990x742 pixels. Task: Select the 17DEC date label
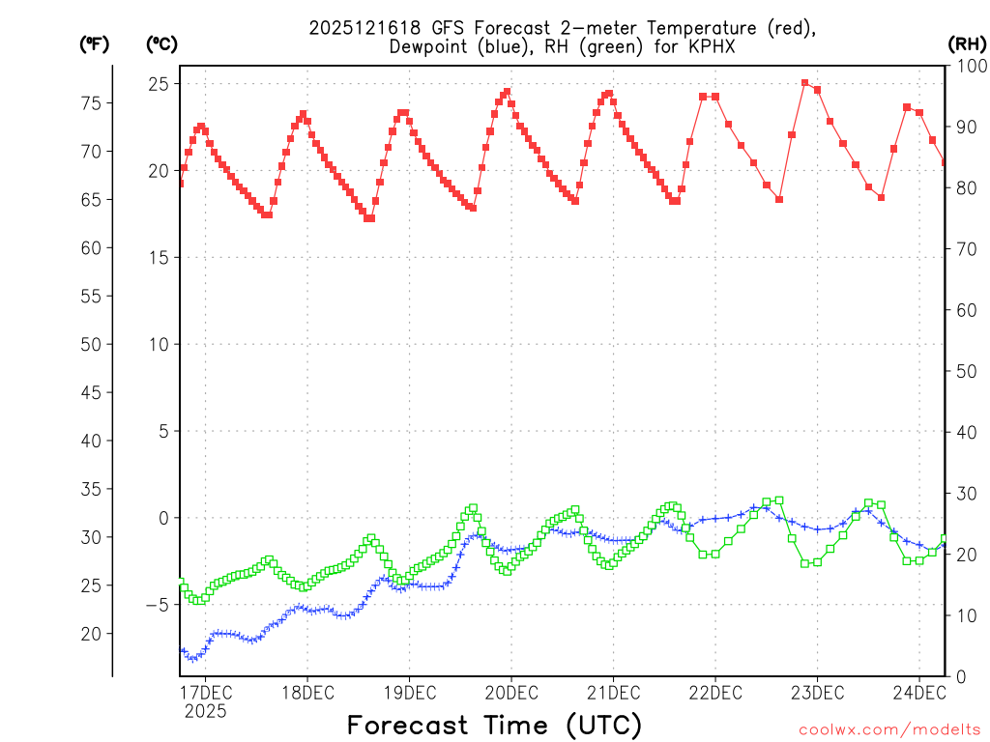point(205,693)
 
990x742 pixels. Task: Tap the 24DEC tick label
point(917,693)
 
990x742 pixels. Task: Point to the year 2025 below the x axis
point(205,711)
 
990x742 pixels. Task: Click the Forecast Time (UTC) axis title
point(494,725)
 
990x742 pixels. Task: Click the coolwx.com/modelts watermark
point(888,729)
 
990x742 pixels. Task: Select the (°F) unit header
point(95,43)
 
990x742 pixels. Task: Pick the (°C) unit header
point(161,43)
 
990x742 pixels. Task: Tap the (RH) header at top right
point(967,43)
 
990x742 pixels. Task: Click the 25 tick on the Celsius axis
point(158,84)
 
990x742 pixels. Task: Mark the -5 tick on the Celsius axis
point(155,605)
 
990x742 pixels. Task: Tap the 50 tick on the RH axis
point(966,371)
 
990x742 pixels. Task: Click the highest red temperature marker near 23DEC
point(804,83)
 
